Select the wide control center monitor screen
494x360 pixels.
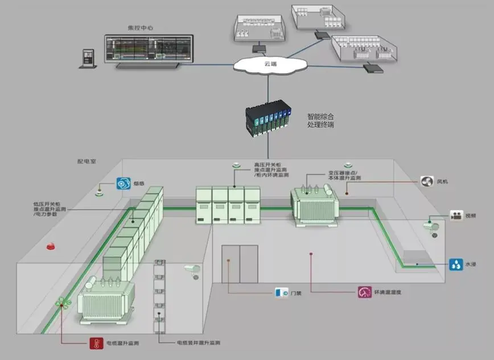point(149,49)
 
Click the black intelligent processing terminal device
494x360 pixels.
point(266,117)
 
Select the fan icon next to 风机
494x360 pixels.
point(427,181)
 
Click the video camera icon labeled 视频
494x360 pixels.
point(456,216)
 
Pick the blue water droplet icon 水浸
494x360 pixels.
point(455,264)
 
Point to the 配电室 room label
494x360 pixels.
point(87,162)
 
